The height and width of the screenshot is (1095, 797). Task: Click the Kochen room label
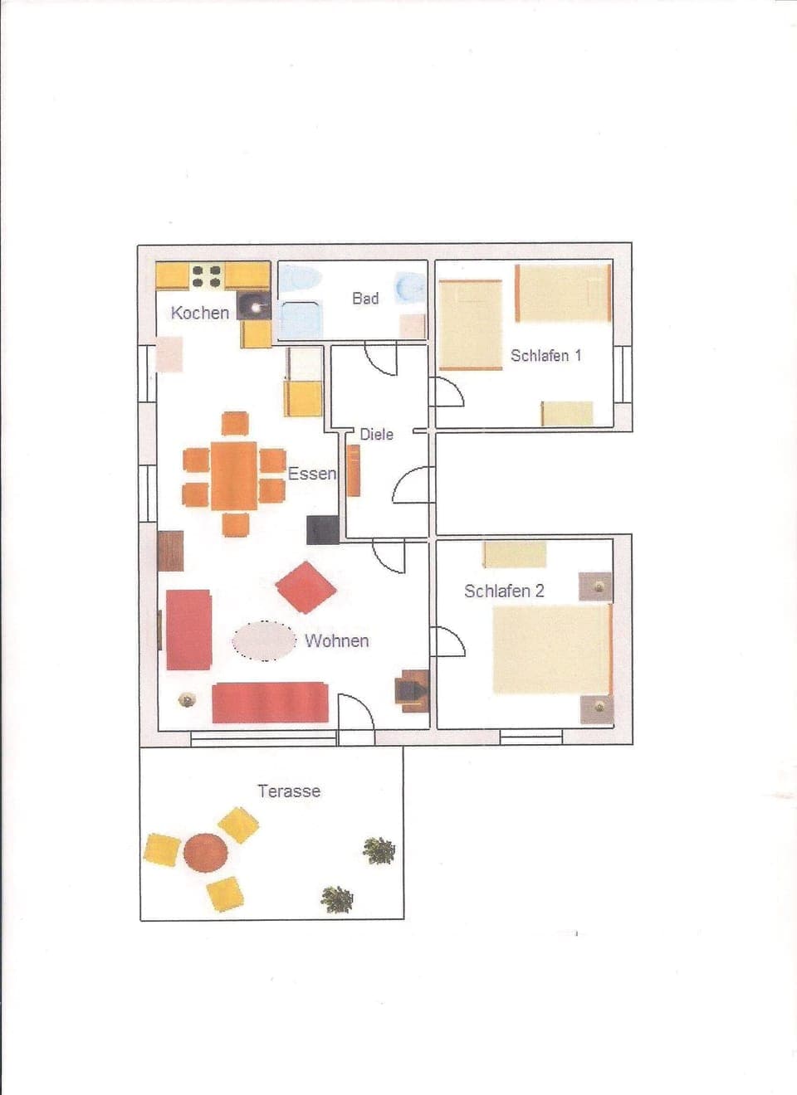(199, 313)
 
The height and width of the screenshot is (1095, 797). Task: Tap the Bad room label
(365, 298)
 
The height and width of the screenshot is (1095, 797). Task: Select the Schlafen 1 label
(545, 355)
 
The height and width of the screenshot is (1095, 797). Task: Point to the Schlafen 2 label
(504, 591)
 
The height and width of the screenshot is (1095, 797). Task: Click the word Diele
(376, 434)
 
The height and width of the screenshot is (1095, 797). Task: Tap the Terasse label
(289, 791)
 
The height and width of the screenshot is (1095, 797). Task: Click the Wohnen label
(336, 640)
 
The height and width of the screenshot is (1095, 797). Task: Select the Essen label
(312, 473)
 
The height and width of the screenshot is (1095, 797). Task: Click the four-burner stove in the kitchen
(206, 275)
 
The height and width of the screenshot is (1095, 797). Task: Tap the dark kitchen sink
(254, 306)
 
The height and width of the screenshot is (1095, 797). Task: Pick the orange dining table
(234, 475)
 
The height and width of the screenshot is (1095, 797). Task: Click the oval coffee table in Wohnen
(264, 640)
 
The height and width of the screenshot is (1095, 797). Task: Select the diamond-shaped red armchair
(306, 586)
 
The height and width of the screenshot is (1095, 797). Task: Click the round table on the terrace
(205, 852)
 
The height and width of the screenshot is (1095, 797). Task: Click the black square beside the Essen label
(322, 530)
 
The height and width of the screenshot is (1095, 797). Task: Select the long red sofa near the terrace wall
(270, 703)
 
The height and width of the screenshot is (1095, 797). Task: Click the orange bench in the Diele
(354, 470)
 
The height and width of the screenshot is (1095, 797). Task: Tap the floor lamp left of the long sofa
(188, 700)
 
